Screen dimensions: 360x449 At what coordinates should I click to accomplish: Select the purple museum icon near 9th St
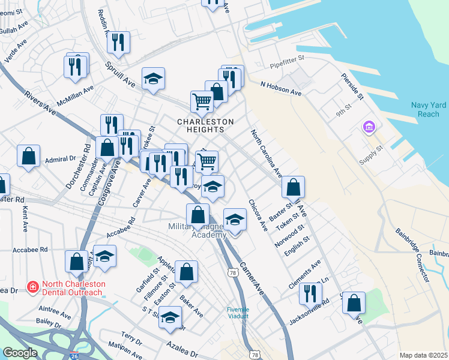369,127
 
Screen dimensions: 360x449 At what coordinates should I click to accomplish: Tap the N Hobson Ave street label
280,89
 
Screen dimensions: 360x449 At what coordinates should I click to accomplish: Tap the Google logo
20,353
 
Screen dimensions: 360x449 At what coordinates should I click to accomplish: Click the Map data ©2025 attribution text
423,355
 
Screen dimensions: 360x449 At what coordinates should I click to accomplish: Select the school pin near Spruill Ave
153,79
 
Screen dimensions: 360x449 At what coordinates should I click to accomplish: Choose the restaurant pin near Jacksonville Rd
310,293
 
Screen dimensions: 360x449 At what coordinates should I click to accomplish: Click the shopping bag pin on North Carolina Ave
293,187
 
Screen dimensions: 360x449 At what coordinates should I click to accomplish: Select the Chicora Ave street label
258,215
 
